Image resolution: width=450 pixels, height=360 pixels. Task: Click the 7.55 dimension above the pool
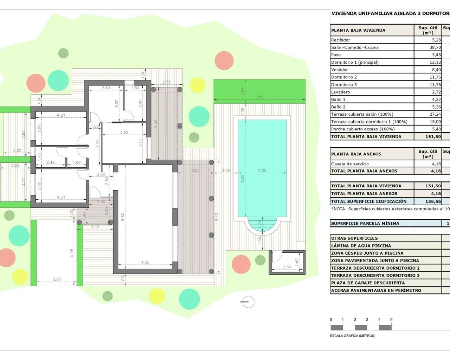(x=259, y=97)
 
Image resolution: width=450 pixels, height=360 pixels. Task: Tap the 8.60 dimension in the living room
(x=123, y=217)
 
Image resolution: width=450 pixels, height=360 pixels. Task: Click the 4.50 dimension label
(x=145, y=262)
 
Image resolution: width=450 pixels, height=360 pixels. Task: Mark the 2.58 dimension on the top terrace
(x=167, y=82)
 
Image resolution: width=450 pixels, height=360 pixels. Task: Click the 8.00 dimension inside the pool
(x=242, y=179)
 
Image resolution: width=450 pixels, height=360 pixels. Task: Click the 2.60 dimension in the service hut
(x=287, y=267)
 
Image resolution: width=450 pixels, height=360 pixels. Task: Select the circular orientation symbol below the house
(x=248, y=302)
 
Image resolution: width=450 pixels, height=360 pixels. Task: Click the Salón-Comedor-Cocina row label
(x=355, y=47)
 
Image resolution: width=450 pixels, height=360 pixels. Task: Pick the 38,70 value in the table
(x=435, y=47)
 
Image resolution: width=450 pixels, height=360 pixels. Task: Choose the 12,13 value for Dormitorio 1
(x=435, y=62)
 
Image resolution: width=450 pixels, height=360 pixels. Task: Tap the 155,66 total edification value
(x=433, y=201)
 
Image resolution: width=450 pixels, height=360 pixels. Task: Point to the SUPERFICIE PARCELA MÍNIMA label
(x=365, y=223)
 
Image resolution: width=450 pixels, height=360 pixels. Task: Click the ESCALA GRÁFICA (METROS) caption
(x=353, y=336)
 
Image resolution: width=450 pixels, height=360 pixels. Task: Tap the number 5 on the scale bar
(x=391, y=320)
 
